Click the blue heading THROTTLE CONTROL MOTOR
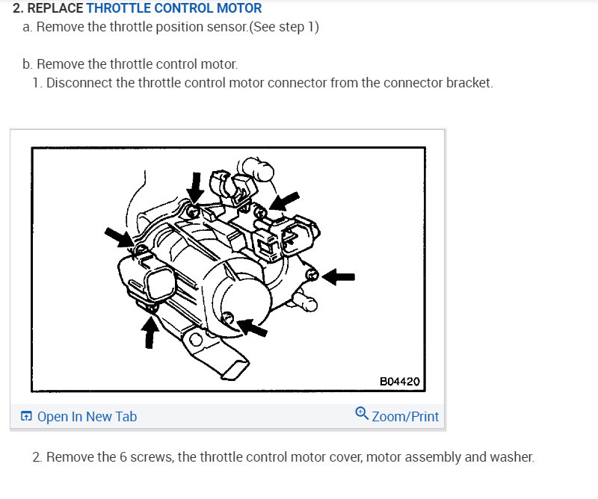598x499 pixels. click(x=174, y=9)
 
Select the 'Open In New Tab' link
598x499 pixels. click(x=87, y=417)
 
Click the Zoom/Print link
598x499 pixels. click(x=405, y=416)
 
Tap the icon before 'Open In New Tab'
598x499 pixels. click(x=26, y=417)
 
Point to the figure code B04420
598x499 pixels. click(x=399, y=381)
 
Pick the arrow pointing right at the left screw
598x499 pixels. click(x=119, y=237)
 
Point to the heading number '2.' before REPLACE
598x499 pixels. click(x=18, y=9)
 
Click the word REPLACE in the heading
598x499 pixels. click(x=55, y=9)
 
